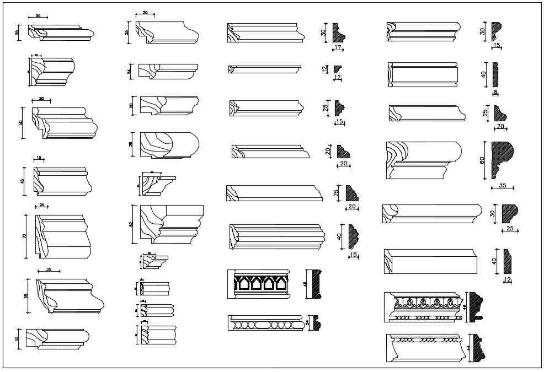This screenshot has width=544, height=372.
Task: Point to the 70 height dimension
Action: (25, 235)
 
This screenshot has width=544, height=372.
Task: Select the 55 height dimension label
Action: (26, 295)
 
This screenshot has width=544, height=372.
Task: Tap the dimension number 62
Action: (131, 224)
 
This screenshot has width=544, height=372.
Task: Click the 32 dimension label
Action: (18, 338)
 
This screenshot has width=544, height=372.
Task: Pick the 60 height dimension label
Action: (482, 160)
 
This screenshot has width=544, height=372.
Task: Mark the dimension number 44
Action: (468, 348)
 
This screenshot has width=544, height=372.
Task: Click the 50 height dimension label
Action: (21, 122)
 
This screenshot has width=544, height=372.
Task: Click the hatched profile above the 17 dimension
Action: (338, 33)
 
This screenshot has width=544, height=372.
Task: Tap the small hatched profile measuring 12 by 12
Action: (338, 68)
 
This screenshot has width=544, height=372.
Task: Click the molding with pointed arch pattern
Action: (258, 284)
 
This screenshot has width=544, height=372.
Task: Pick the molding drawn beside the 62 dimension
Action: (171, 223)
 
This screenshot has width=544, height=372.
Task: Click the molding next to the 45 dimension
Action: (62, 181)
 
